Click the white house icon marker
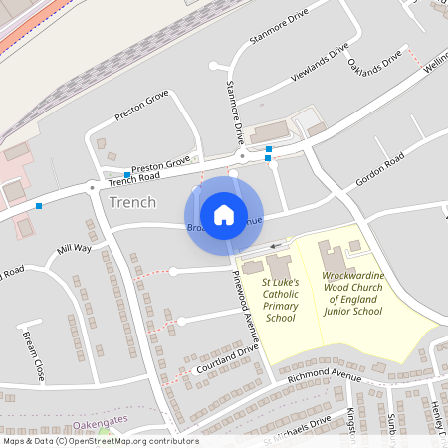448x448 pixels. (223, 214)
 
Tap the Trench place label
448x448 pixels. (132, 202)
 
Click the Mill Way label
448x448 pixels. (74, 248)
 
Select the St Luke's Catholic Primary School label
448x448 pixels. (280, 300)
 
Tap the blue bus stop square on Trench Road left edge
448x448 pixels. (39, 205)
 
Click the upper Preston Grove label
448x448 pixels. (141, 102)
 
